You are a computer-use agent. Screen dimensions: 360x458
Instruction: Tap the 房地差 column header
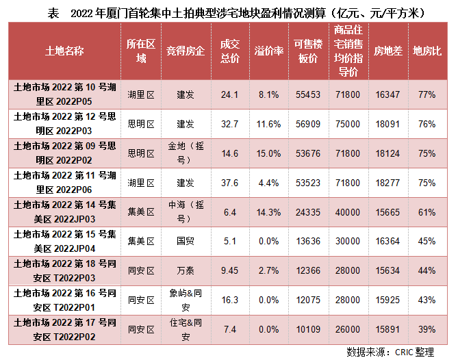click(x=388, y=51)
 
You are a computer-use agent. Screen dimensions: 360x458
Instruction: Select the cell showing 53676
click(x=305, y=153)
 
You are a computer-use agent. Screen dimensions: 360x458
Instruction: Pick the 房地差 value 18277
click(x=388, y=183)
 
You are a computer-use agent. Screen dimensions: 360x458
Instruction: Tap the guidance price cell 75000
click(x=348, y=124)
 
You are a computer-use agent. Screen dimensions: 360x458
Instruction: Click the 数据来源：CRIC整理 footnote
click(x=390, y=352)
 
